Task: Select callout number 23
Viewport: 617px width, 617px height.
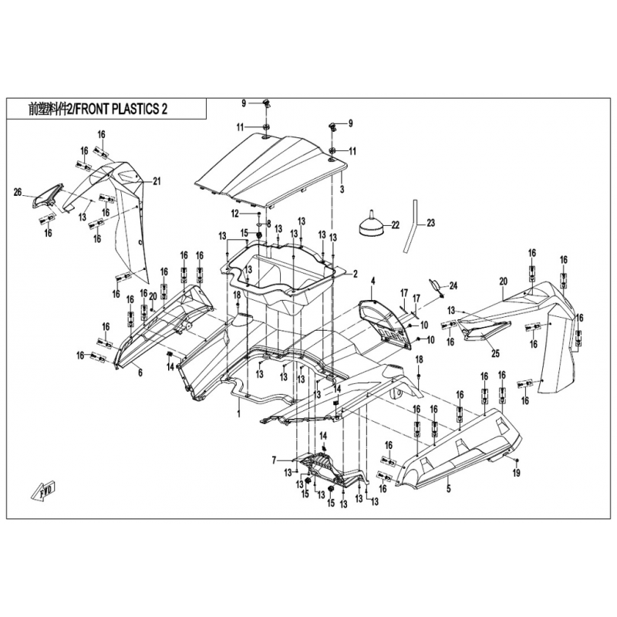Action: [x=430, y=223]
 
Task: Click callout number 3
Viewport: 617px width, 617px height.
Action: [x=341, y=189]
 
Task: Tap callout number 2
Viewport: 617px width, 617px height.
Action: [x=356, y=274]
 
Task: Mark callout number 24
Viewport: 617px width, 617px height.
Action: [x=453, y=286]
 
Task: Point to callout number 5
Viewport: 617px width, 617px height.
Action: [x=447, y=488]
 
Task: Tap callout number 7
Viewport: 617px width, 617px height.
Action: [x=274, y=460]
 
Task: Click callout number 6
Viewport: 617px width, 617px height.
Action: [x=140, y=373]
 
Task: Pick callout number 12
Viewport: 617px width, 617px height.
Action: [x=232, y=213]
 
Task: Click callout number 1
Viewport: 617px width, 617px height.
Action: [x=239, y=414]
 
